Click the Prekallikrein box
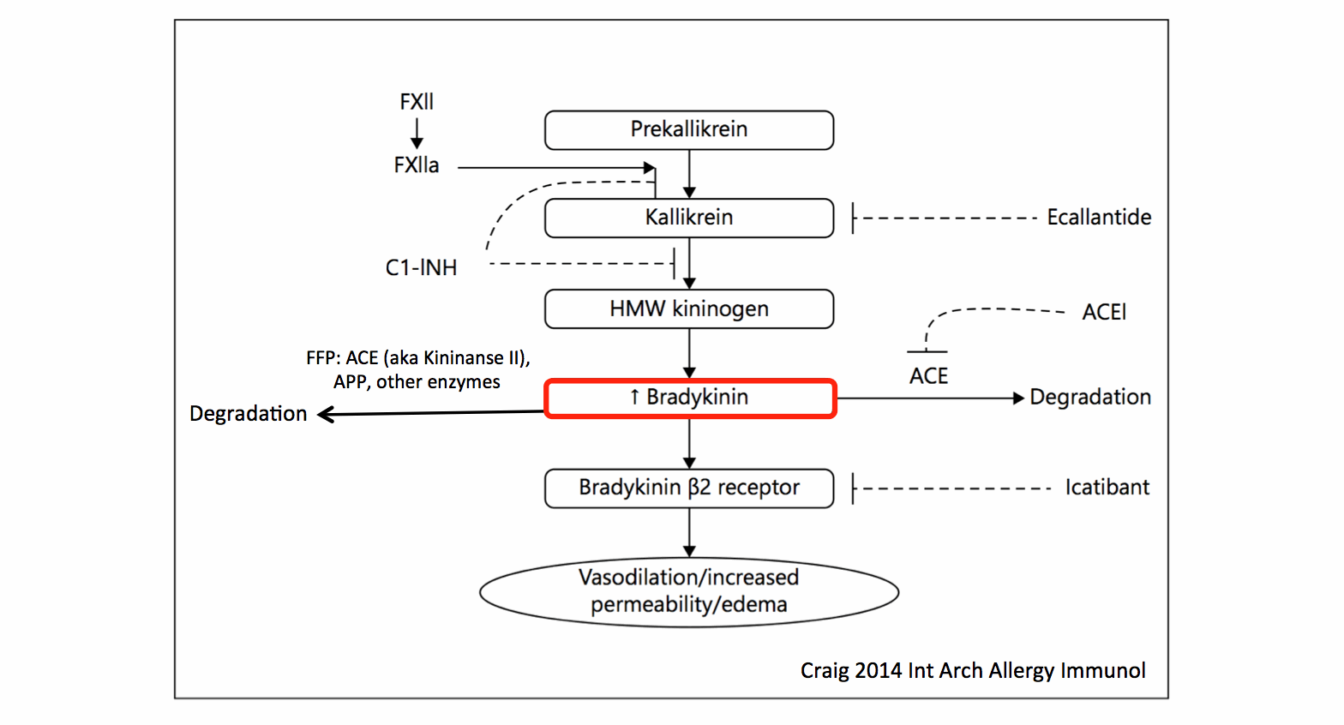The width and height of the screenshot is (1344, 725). [x=689, y=130]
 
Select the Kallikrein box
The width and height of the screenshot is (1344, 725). [x=689, y=218]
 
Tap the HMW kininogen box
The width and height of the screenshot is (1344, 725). [x=689, y=309]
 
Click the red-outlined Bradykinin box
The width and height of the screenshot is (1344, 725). [x=689, y=398]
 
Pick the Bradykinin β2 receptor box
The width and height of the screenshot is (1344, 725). [x=689, y=488]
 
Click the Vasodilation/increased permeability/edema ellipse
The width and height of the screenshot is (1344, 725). [x=689, y=591]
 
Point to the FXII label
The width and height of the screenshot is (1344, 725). [x=417, y=102]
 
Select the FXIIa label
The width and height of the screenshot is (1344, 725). [x=417, y=165]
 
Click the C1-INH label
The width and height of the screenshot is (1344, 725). [x=421, y=268]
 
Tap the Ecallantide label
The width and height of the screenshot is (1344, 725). [x=1099, y=218]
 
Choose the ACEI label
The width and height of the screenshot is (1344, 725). [x=1104, y=313]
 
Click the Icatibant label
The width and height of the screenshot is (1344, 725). [x=1107, y=488]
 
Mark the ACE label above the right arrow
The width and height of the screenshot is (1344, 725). [x=928, y=376]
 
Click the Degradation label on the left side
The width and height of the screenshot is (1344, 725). [x=248, y=414]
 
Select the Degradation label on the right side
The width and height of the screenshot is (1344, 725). [x=1089, y=398]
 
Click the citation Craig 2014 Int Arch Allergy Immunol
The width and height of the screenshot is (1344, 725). [x=973, y=670]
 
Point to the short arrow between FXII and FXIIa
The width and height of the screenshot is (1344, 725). [x=417, y=134]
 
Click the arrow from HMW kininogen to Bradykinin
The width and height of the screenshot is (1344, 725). [x=689, y=353]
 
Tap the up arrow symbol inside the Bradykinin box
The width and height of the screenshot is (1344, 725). [x=634, y=397]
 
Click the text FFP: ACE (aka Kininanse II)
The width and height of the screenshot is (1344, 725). [x=418, y=358]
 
